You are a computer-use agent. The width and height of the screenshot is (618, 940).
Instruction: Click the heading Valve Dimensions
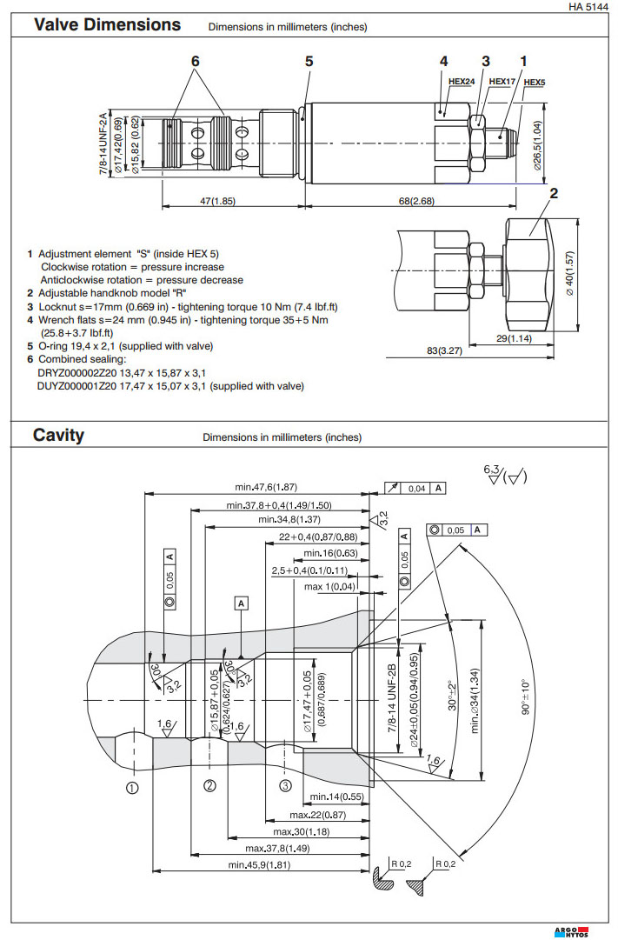coord(107,24)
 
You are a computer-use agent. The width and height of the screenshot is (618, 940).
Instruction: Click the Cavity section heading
coord(58,435)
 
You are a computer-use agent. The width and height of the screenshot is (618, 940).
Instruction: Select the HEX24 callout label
coord(461,83)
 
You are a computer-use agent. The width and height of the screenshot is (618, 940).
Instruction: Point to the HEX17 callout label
coord(502,81)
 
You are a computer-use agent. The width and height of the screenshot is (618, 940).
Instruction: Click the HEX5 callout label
coord(535,83)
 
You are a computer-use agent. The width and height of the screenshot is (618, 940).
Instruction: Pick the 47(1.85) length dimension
coord(217,201)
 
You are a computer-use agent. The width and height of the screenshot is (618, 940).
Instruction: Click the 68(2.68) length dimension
coord(416,201)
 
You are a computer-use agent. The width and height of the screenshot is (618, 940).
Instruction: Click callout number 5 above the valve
coord(309,61)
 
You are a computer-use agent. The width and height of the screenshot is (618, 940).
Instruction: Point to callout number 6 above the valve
coord(196,61)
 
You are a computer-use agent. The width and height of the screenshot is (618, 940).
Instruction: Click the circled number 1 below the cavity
coord(132,789)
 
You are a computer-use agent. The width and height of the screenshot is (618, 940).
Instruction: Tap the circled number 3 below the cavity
coord(285,786)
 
